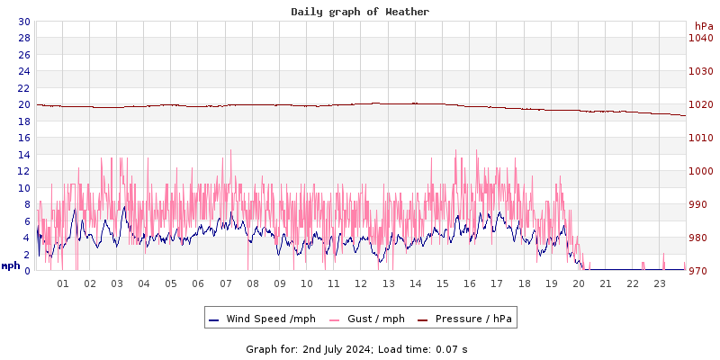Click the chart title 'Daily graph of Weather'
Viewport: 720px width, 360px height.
pos(360,12)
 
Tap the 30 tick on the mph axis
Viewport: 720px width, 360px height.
pos(23,22)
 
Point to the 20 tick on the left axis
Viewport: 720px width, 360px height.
pos(23,104)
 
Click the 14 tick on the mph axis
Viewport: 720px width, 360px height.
pos(23,155)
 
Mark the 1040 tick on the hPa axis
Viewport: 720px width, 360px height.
pos(701,38)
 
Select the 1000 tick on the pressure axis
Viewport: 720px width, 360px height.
pos(701,171)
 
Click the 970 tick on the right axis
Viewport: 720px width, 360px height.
pos(701,271)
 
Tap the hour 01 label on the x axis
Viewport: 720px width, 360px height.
pos(63,283)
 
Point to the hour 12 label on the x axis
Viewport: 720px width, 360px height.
pos(361,283)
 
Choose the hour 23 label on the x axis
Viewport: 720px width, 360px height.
pos(660,283)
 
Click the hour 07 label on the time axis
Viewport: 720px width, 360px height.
pos(226,283)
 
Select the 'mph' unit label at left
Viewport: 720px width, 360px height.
pos(11,265)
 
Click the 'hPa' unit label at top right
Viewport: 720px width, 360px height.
pos(704,26)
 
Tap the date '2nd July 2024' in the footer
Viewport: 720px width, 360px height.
pos(337,349)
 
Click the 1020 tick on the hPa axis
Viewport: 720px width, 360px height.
pos(701,104)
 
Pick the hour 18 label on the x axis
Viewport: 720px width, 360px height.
pos(524,283)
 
